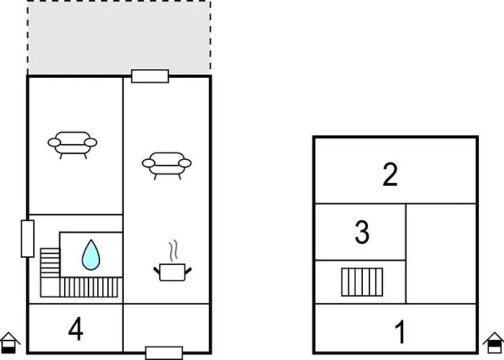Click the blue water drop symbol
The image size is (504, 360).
click(90, 254)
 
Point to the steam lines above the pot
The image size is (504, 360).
click(173, 251)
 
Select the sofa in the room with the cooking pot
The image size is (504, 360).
click(167, 163)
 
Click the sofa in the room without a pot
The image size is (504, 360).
click(72, 143)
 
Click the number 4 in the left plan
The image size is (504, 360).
click(76, 329)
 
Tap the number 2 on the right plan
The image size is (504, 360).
click(390, 175)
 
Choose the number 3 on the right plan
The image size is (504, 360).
click(362, 233)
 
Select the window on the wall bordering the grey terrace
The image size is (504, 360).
click(150, 76)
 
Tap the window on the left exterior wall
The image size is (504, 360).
click(28, 238)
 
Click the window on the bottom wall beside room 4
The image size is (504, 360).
click(163, 353)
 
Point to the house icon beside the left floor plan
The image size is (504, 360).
click(9, 343)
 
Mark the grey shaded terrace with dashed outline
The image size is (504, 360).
click(119, 37)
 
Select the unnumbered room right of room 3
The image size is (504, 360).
click(441, 253)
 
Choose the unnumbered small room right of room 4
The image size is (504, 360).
click(166, 328)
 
